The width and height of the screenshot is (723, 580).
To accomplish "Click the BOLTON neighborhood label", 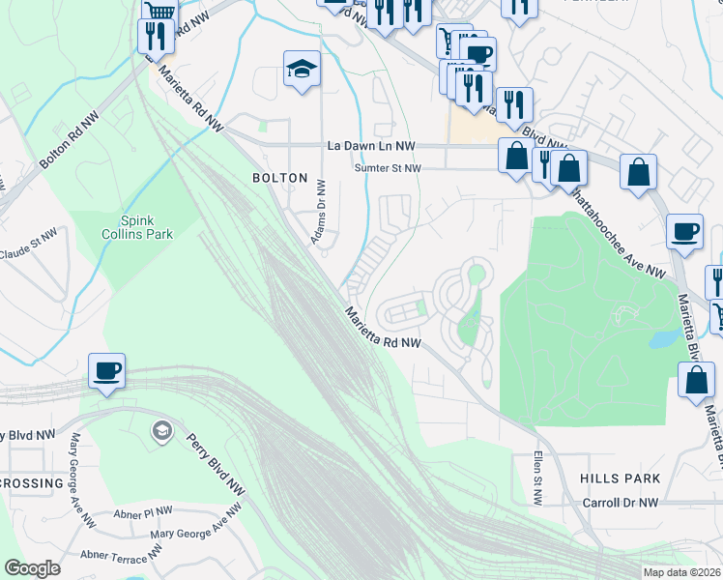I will pyautogui.click(x=279, y=178).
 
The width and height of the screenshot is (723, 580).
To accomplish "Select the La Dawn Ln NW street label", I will pyautogui.click(x=371, y=146).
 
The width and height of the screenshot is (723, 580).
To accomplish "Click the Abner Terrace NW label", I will pyautogui.click(x=120, y=555).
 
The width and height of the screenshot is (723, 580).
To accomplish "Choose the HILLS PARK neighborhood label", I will pyautogui.click(x=621, y=478).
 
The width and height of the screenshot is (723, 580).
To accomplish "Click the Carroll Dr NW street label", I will pyautogui.click(x=621, y=503).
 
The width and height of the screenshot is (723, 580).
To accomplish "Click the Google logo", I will pyautogui.click(x=32, y=568).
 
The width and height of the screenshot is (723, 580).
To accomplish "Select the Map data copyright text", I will pyautogui.click(x=682, y=572).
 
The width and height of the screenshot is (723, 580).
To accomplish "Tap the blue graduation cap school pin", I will pyautogui.click(x=302, y=69).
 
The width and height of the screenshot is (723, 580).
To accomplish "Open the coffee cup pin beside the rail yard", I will pyautogui.click(x=106, y=369).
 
